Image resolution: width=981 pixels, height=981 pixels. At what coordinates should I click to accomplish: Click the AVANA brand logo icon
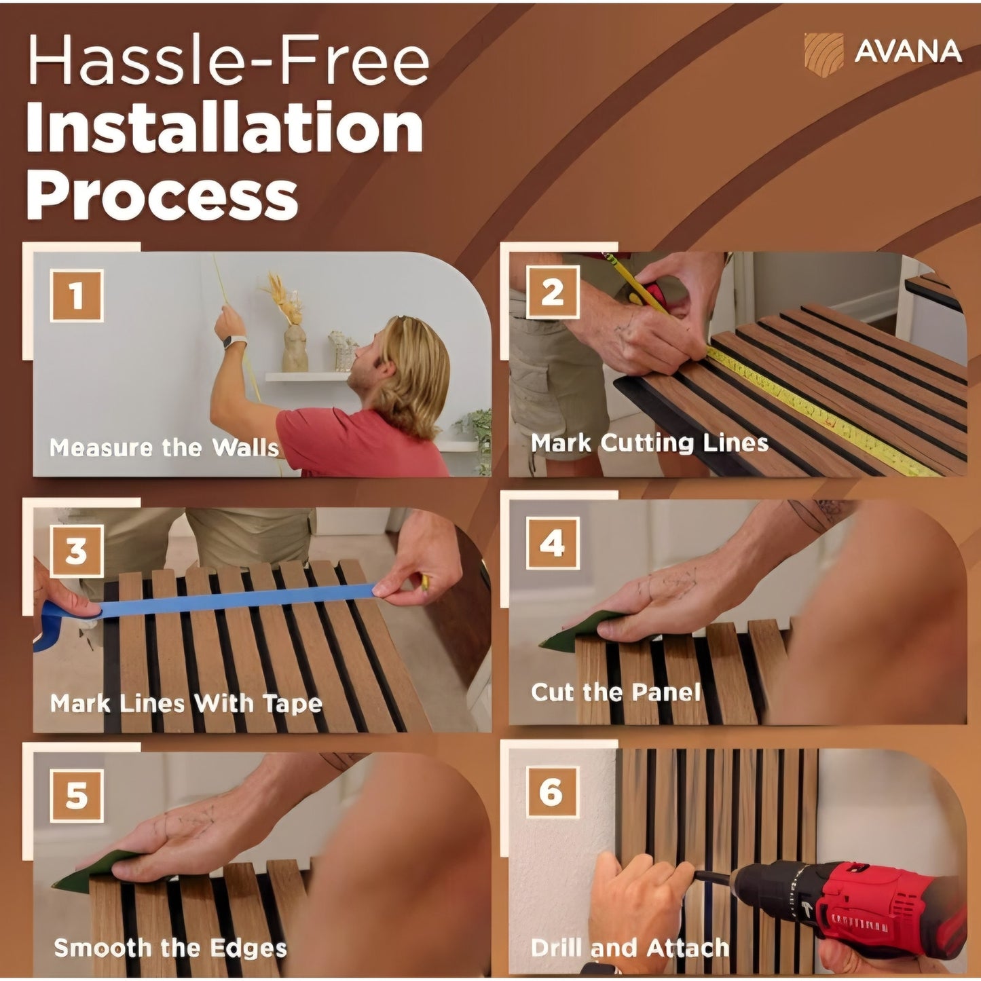tap(823, 54)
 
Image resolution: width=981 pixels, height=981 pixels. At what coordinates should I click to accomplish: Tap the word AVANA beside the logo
tap(908, 52)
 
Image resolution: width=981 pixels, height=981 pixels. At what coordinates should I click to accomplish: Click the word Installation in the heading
tap(225, 126)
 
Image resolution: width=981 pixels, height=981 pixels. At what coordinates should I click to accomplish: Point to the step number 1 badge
tap(76, 295)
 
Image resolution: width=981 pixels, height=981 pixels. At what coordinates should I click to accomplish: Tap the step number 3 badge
tap(76, 551)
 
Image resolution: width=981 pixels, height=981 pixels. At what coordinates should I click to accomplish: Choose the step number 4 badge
tap(553, 543)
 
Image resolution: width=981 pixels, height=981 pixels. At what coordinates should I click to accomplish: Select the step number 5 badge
tap(76, 796)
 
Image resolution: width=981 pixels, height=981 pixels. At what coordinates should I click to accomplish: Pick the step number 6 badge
tap(553, 792)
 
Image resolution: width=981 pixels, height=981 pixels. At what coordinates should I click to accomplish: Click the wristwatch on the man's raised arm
tap(235, 341)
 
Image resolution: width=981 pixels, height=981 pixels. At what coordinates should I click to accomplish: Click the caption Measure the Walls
tap(164, 447)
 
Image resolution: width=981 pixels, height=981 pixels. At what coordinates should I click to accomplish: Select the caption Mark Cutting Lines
tap(649, 443)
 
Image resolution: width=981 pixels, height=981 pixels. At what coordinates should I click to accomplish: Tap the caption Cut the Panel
tap(616, 692)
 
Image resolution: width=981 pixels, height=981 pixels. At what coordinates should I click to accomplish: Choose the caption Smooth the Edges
tap(170, 933)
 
